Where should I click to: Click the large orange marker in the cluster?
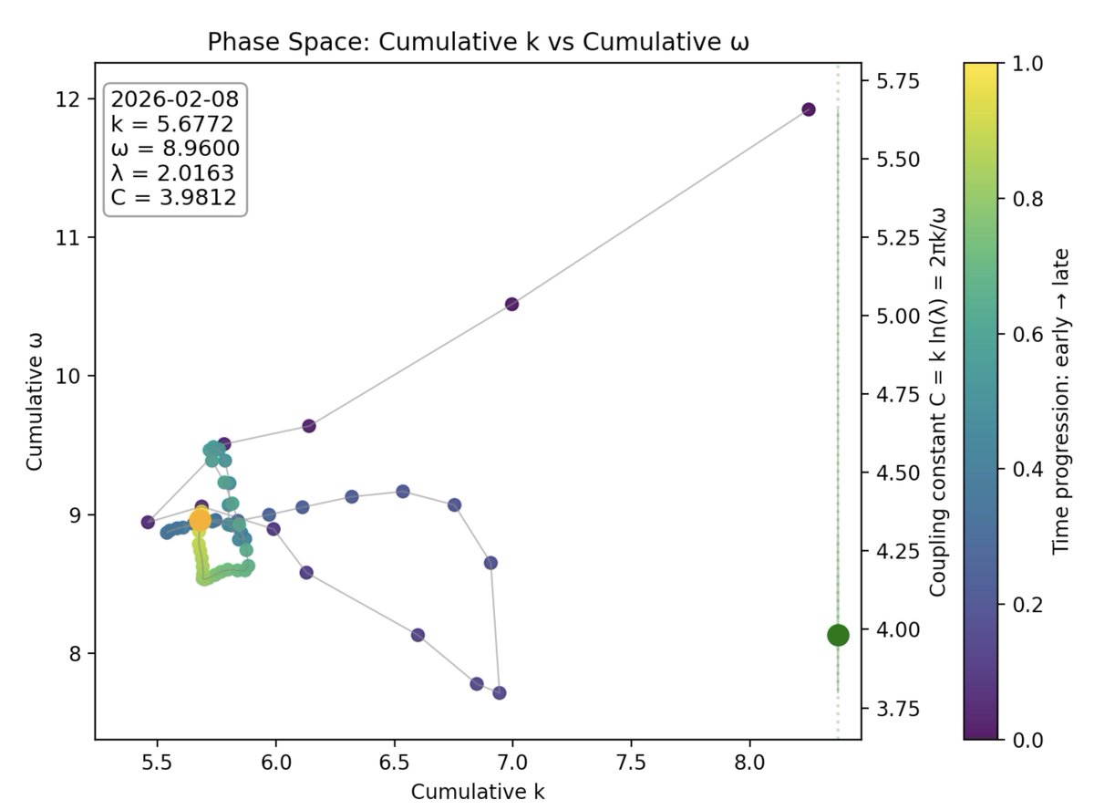200,521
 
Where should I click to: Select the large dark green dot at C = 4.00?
838,635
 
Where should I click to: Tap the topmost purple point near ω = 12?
808,109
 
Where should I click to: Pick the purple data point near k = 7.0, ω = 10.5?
511,304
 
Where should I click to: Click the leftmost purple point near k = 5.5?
148,522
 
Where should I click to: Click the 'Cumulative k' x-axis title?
478,790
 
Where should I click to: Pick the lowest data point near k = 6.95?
499,692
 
